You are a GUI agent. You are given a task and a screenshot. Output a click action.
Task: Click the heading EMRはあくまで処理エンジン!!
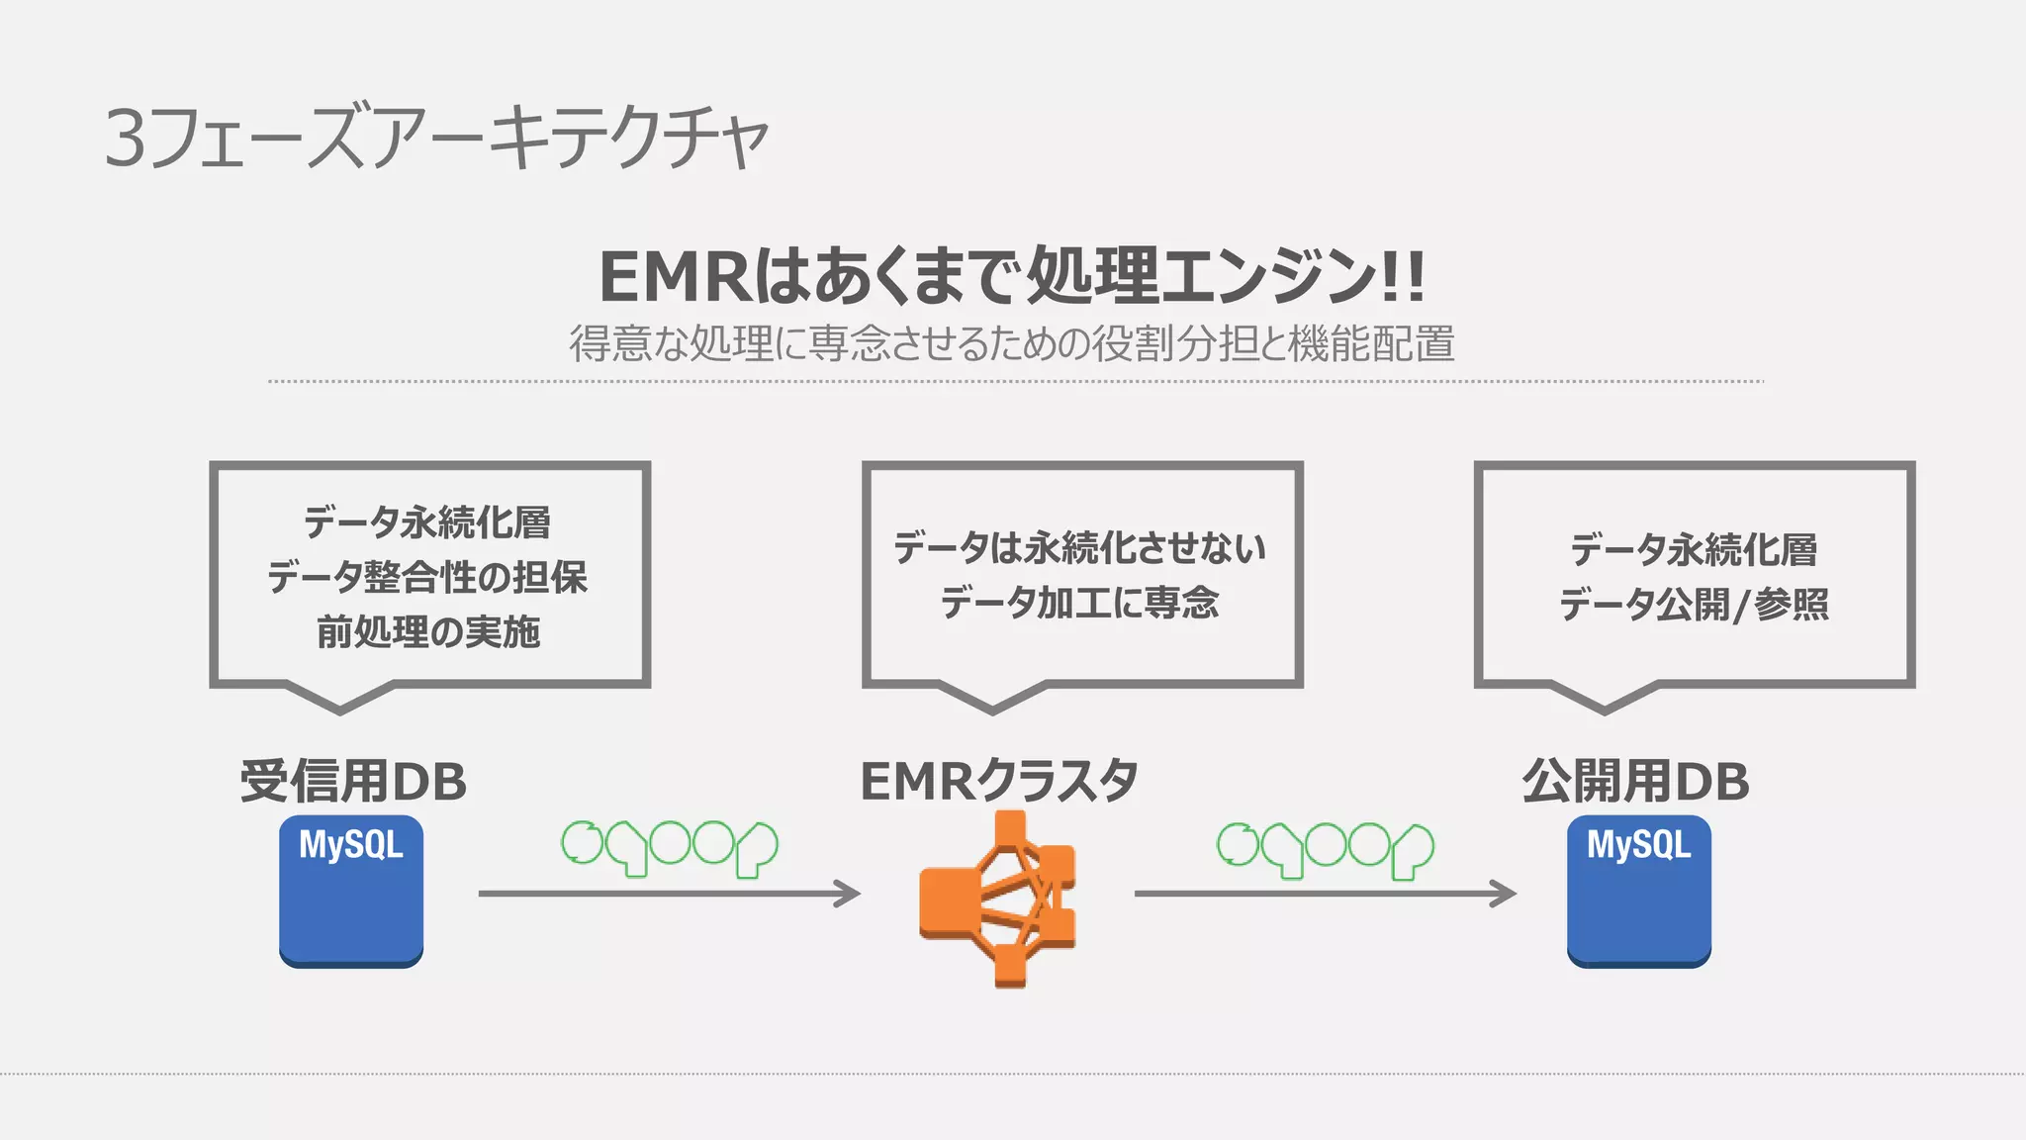[1011, 276]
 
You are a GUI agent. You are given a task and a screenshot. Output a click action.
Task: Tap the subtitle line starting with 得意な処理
[1011, 343]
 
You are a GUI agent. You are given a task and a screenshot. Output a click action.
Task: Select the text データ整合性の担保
[427, 576]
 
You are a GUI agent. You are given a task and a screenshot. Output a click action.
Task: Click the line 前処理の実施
[427, 631]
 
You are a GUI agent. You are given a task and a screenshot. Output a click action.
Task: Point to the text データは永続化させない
[1079, 547]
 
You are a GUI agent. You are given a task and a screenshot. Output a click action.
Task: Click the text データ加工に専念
[1079, 602]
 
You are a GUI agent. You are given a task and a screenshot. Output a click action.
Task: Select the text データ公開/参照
[1694, 604]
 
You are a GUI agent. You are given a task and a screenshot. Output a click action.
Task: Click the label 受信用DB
[353, 781]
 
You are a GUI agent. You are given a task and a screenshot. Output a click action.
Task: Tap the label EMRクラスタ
[999, 781]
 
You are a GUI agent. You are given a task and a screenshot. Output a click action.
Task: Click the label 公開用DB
[1635, 781]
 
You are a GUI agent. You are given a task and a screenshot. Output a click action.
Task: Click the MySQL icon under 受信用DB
[351, 891]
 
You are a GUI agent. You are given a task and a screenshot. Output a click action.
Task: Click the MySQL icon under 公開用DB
[1639, 891]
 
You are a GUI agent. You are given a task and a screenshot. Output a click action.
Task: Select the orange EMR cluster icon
[999, 899]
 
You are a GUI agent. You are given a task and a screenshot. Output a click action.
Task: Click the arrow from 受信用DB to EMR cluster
[669, 894]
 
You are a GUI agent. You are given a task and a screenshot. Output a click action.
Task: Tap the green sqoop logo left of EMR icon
[669, 847]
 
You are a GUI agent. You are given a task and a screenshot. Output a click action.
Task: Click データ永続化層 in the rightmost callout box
[1694, 549]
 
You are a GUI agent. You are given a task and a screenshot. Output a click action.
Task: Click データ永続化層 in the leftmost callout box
[427, 522]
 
